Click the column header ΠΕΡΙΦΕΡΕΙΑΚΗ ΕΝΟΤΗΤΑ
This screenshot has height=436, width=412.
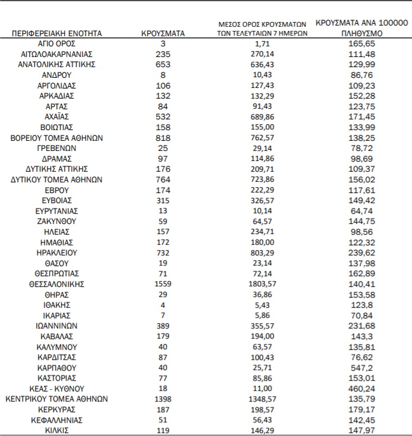58,34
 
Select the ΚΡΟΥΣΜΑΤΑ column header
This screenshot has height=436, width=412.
163,34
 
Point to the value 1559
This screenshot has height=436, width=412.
163,284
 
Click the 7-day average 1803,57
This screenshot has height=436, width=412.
262,284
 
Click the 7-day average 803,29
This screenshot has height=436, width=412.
262,252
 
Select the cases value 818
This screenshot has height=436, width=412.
163,137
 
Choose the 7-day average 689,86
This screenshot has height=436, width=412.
262,117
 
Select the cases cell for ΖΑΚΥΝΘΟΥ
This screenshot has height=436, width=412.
163,221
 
